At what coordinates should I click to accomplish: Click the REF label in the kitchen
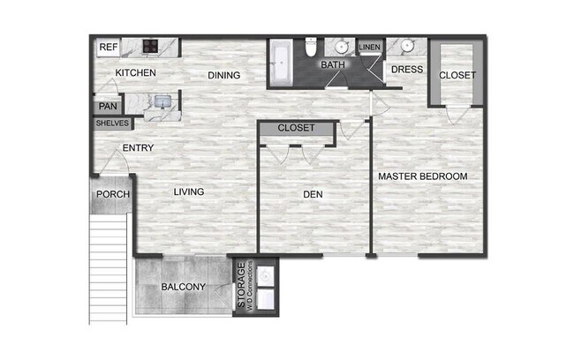tap(108, 47)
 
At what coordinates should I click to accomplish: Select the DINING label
tap(224, 75)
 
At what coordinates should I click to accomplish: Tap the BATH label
tap(333, 65)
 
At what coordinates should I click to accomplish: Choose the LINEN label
tap(370, 47)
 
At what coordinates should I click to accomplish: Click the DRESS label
tap(408, 69)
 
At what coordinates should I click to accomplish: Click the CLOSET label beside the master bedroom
tap(457, 75)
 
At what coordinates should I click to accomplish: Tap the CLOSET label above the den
tap(296, 128)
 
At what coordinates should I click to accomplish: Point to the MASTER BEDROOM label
tap(422, 176)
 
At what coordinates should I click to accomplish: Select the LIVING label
tap(189, 191)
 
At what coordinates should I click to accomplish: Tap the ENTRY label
tap(140, 147)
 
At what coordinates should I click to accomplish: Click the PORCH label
tap(113, 195)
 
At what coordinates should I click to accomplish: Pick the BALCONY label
tap(183, 287)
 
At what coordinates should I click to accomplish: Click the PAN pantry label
tap(108, 107)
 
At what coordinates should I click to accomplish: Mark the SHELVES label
tap(112, 124)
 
